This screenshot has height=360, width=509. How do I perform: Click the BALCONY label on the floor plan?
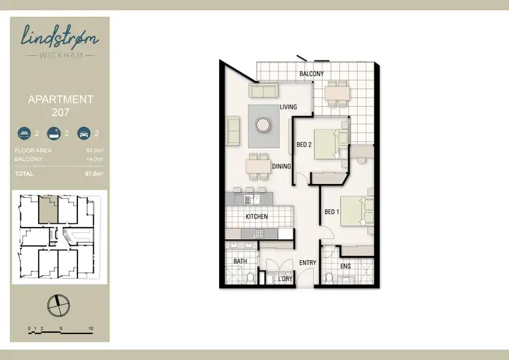312,74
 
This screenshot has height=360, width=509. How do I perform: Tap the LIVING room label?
289,107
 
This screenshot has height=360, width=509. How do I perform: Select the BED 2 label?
304,144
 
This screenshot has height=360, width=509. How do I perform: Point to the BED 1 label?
331,212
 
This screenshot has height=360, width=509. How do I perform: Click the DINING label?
282,166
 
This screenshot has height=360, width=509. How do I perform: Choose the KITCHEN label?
257,217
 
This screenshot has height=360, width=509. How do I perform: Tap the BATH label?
240,261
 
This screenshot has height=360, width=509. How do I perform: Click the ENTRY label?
307,262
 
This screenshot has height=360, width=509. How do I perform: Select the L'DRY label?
286,278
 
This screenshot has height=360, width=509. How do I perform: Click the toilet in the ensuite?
328,277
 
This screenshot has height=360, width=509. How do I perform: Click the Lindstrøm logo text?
60,36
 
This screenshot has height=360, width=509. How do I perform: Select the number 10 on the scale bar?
90,329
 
